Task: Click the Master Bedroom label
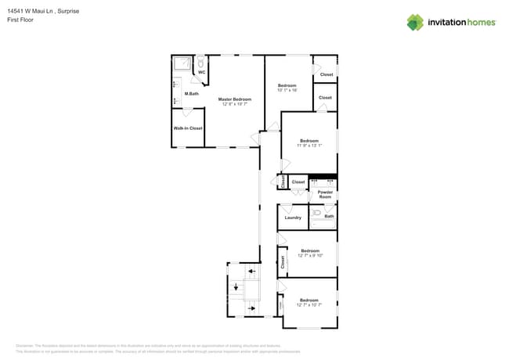point(235,99)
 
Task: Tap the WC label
point(201,72)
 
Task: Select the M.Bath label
point(191,94)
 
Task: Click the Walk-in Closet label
point(188,128)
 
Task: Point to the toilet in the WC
point(201,62)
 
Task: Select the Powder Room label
point(325,194)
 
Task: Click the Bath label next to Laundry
point(329,216)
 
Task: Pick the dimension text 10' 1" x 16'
point(287,89)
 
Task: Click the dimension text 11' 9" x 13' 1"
point(309,146)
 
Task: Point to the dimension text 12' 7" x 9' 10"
point(310,255)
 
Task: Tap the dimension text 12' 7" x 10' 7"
point(309,304)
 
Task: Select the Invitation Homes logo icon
point(415,22)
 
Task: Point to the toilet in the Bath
point(316,212)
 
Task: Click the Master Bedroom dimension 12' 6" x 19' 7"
point(235,104)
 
